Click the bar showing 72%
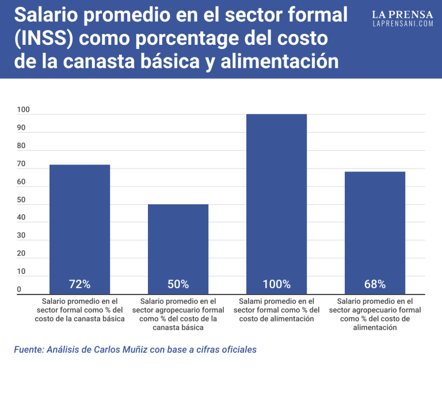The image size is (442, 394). [x=79, y=224]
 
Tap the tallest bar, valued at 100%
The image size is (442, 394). [x=276, y=196]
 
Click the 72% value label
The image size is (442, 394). [x=79, y=284]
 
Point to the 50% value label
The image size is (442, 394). [x=178, y=284]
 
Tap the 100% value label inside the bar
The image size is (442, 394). [x=276, y=284]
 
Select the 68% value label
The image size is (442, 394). [x=375, y=284]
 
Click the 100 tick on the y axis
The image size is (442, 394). [x=23, y=110]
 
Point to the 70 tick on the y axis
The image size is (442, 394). [x=21, y=164]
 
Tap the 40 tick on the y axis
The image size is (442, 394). [x=21, y=217]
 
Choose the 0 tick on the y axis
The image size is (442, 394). [x=19, y=289]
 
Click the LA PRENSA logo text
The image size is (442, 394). [x=402, y=14]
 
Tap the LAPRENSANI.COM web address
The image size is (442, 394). [x=402, y=24]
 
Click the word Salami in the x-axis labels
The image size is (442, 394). [x=250, y=301]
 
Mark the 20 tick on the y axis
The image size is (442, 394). [x=21, y=253]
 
